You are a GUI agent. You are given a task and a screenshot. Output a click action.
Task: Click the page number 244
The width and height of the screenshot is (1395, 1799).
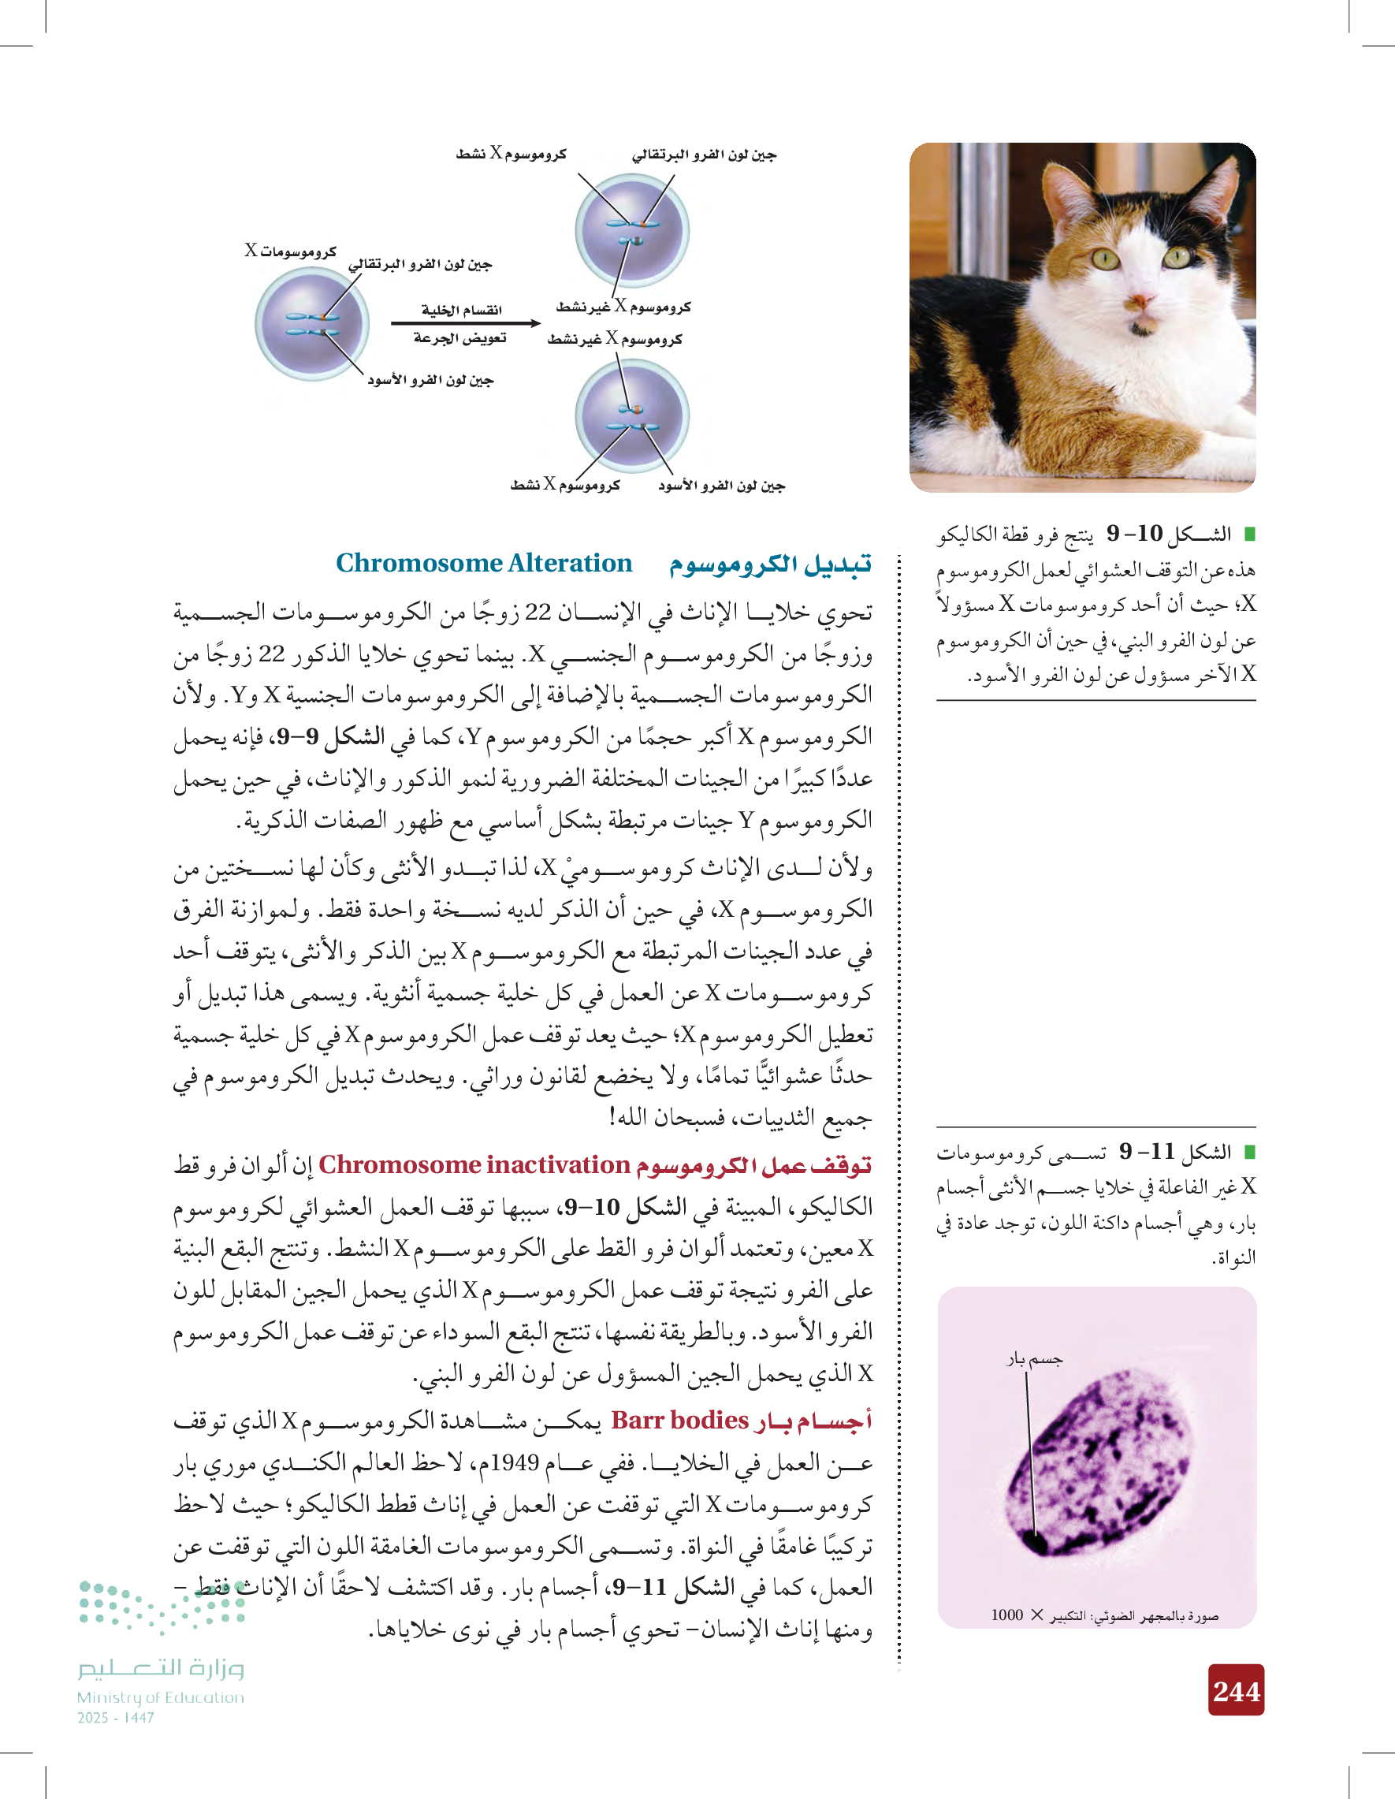pyautogui.click(x=1235, y=1692)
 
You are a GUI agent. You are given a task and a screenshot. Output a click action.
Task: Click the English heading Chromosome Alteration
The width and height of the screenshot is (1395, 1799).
pyautogui.click(x=483, y=564)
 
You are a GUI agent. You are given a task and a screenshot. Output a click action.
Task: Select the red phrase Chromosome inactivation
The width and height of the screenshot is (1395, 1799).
pyautogui.click(x=474, y=1164)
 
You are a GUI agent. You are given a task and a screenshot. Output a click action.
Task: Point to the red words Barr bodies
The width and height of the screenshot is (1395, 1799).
pyautogui.click(x=679, y=1420)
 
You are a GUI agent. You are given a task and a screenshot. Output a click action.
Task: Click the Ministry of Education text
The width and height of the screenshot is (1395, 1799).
pyautogui.click(x=161, y=1697)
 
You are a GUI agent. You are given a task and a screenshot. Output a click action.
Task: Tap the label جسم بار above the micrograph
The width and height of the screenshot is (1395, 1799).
pyautogui.click(x=1034, y=1358)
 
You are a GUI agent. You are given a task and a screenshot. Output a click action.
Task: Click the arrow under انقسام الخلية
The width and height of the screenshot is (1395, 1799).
pyautogui.click(x=464, y=323)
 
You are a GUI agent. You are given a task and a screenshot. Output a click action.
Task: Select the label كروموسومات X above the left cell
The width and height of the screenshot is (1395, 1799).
pyautogui.click(x=290, y=251)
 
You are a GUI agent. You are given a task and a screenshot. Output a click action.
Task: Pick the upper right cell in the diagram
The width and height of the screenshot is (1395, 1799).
pyautogui.click(x=631, y=230)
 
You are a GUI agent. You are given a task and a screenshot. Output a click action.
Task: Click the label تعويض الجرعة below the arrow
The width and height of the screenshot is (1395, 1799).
pyautogui.click(x=459, y=338)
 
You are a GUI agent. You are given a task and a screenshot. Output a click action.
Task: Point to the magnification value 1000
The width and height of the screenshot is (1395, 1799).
pyautogui.click(x=1006, y=1615)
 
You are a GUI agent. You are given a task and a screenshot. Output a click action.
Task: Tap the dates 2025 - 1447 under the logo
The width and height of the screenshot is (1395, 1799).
pyautogui.click(x=115, y=1718)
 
